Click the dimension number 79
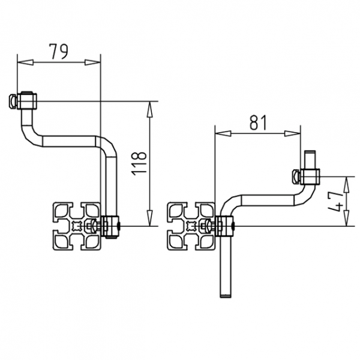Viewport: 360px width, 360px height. pyautogui.click(x=58, y=52)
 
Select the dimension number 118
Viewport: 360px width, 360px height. pyautogui.click(x=139, y=162)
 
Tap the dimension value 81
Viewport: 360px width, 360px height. pyautogui.click(x=257, y=122)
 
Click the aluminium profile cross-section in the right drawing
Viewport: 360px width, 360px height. pyautogui.click(x=190, y=226)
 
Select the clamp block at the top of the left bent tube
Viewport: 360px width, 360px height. pyautogui.click(x=28, y=100)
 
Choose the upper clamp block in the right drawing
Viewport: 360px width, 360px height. pyautogui.click(x=311, y=176)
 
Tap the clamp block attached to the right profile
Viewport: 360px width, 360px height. pyautogui.click(x=224, y=226)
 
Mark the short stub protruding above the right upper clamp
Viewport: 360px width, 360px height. pyautogui.click(x=310, y=159)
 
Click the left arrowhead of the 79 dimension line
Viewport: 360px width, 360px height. pyautogui.click(x=20, y=61)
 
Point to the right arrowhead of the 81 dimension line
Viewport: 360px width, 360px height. pyautogui.click(x=296, y=132)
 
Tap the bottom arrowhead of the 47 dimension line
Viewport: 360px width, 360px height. pyautogui.click(x=346, y=223)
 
